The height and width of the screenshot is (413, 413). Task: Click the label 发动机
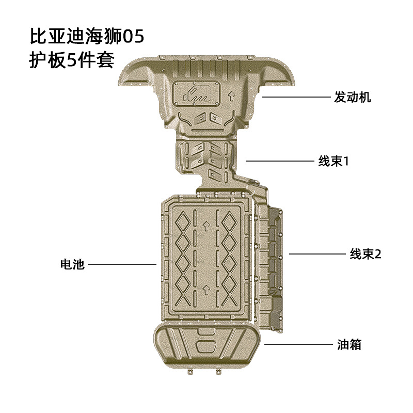[353, 97]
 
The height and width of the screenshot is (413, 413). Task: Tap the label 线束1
[333, 161]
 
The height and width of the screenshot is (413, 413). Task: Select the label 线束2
[366, 254]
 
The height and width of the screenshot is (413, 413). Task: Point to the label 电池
[72, 264]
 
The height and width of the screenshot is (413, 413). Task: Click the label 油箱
[349, 344]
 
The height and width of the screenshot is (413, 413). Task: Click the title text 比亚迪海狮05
[87, 36]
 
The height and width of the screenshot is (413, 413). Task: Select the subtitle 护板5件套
[72, 60]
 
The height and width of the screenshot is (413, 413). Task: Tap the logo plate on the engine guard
[196, 93]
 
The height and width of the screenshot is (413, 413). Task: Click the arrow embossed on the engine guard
[231, 96]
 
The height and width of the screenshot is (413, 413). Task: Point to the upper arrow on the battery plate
[206, 226]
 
